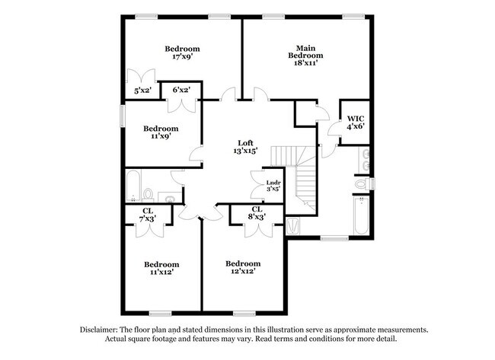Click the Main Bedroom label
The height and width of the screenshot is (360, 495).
[x=305, y=55]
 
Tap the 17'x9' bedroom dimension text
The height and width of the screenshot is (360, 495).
[x=182, y=56]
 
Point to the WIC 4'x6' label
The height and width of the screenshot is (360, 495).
[x=356, y=123]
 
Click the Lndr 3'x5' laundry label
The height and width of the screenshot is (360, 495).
[x=273, y=186]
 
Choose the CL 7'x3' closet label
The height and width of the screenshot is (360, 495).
[x=147, y=215]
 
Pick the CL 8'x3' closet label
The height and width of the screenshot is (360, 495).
[x=257, y=213]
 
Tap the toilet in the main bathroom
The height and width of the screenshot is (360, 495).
[x=362, y=183]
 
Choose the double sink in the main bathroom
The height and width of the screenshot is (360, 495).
[x=366, y=159]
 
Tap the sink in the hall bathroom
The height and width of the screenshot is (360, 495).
[x=171, y=200]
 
